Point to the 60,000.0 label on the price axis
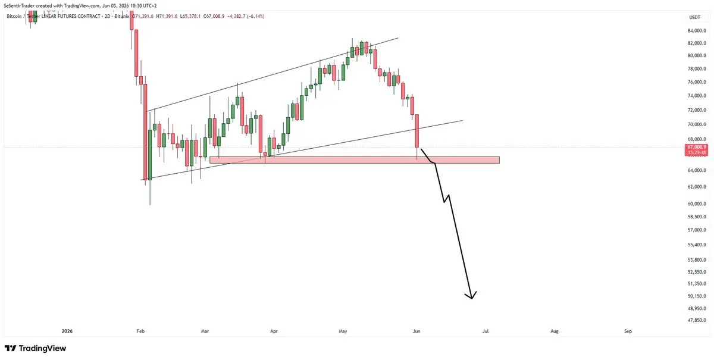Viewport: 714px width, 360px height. pyautogui.click(x=697, y=204)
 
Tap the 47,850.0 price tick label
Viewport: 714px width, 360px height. pyautogui.click(x=697, y=320)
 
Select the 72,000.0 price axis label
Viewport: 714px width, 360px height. pyautogui.click(x=697, y=110)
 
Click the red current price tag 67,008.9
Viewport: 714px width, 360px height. pyautogui.click(x=696, y=147)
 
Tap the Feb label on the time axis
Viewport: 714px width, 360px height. pyautogui.click(x=140, y=331)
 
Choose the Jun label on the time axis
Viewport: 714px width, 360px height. pyautogui.click(x=416, y=331)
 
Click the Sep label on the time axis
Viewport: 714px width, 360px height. pyautogui.click(x=628, y=331)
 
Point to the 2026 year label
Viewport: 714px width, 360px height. pyautogui.click(x=67, y=331)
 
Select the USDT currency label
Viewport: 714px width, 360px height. pyautogui.click(x=695, y=17)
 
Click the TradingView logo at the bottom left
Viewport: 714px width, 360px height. pyautogui.click(x=35, y=348)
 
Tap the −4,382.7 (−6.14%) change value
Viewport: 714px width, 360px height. pyautogui.click(x=245, y=16)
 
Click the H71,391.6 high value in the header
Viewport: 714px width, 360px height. pyautogui.click(x=167, y=16)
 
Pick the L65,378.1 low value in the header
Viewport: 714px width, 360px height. pyautogui.click(x=190, y=16)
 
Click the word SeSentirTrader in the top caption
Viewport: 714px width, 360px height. pyautogui.click(x=19, y=6)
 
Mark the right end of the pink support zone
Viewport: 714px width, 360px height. pyautogui.click(x=499, y=160)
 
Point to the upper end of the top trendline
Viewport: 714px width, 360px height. pyautogui.click(x=398, y=38)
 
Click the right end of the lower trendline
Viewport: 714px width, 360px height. pyautogui.click(x=462, y=121)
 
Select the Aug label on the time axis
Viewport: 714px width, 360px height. pyautogui.click(x=555, y=331)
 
